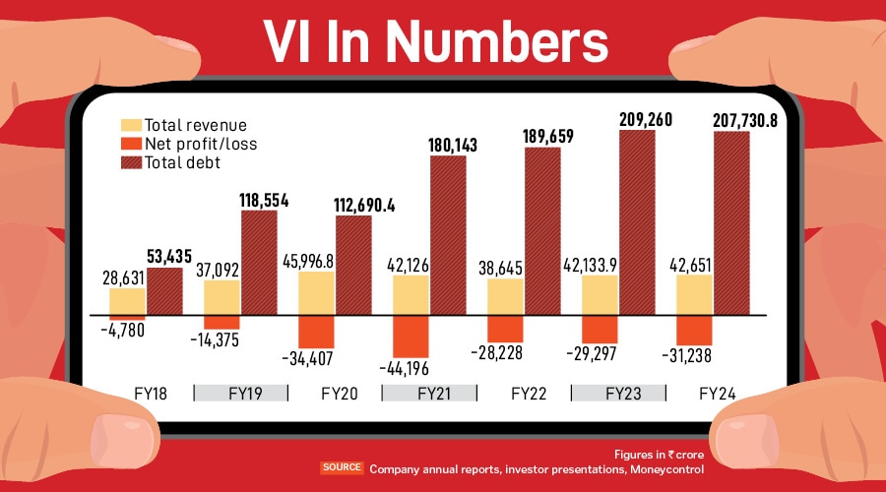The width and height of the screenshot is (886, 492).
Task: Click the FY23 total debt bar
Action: click(637, 221)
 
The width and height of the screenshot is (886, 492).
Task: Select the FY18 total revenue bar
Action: click(127, 301)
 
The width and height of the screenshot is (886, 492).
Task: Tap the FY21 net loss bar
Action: click(411, 336)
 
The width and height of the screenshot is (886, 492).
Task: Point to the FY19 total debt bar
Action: click(259, 262)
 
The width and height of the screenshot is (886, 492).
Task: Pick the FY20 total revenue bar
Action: click(316, 293)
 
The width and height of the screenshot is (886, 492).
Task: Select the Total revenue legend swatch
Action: click(130, 126)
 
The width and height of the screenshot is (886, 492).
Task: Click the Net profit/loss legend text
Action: click(193, 144)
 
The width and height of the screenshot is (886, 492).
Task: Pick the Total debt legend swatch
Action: click(130, 161)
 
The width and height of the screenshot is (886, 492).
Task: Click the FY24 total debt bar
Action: click(731, 222)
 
